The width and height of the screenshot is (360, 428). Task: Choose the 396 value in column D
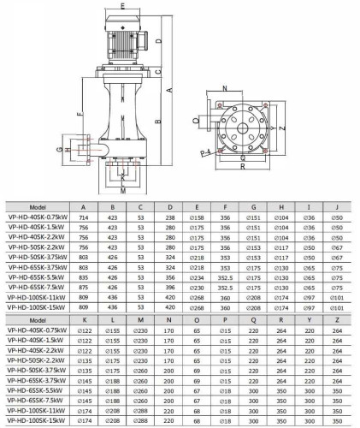pos(170,288)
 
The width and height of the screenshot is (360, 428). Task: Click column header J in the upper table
pos(336,207)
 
